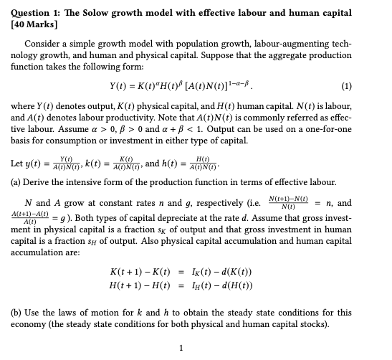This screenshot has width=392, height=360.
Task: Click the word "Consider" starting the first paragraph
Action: pyautogui.click(x=44, y=44)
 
